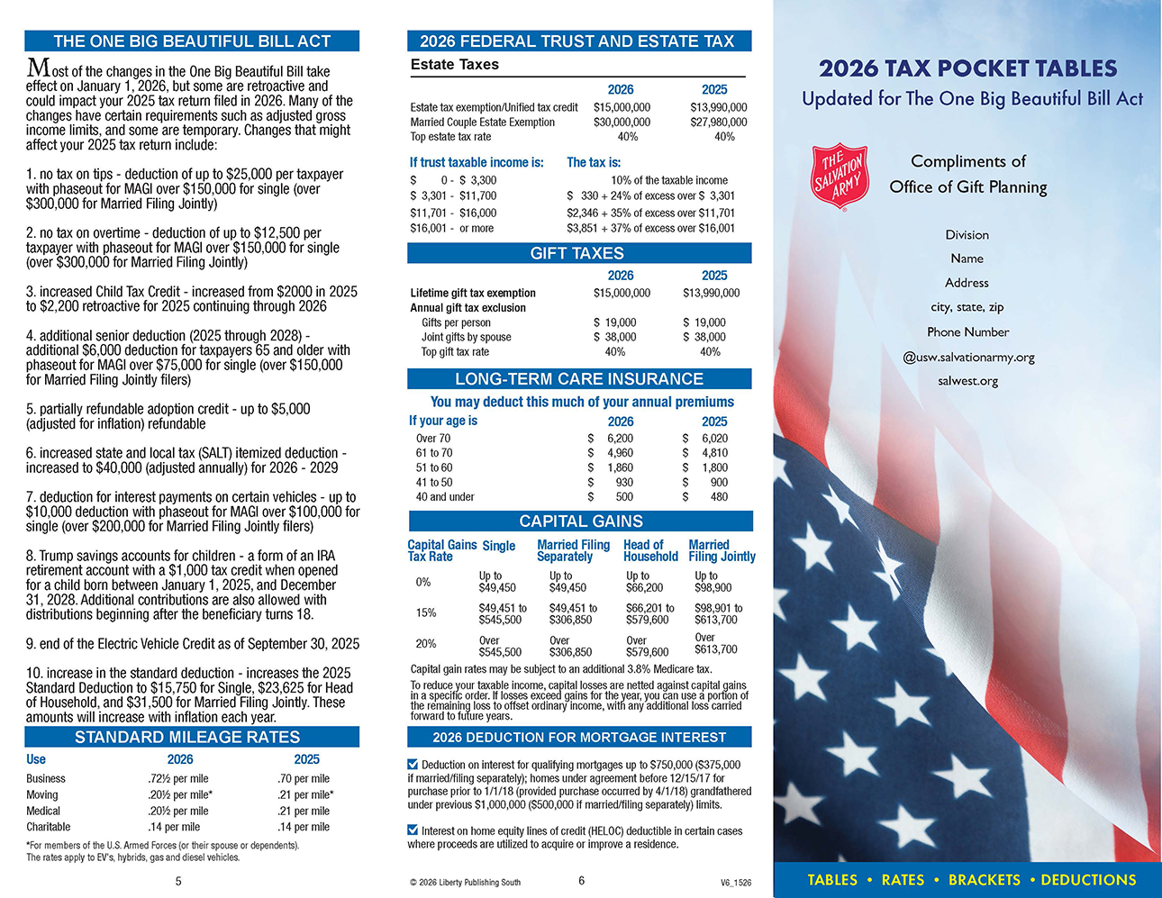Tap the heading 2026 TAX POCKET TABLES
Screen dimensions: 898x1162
(x=967, y=68)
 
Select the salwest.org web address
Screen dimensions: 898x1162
(x=967, y=381)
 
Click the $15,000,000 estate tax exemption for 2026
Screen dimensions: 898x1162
(x=622, y=107)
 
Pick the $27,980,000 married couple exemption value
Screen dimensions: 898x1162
(x=718, y=122)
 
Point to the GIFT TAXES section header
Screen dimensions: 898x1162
(x=577, y=254)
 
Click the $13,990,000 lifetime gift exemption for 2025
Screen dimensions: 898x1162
(x=711, y=293)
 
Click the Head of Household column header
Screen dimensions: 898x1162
(x=650, y=550)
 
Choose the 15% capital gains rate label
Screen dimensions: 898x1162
(x=425, y=613)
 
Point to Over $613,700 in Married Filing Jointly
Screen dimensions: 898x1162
(x=715, y=643)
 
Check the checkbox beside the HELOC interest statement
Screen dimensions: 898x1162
(x=413, y=830)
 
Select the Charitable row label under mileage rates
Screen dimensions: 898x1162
(x=49, y=827)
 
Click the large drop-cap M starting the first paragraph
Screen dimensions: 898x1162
(x=38, y=68)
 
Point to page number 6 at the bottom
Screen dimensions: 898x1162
(x=581, y=881)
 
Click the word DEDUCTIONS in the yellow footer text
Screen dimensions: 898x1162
(x=1088, y=880)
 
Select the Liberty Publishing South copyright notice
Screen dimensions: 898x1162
(x=465, y=883)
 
